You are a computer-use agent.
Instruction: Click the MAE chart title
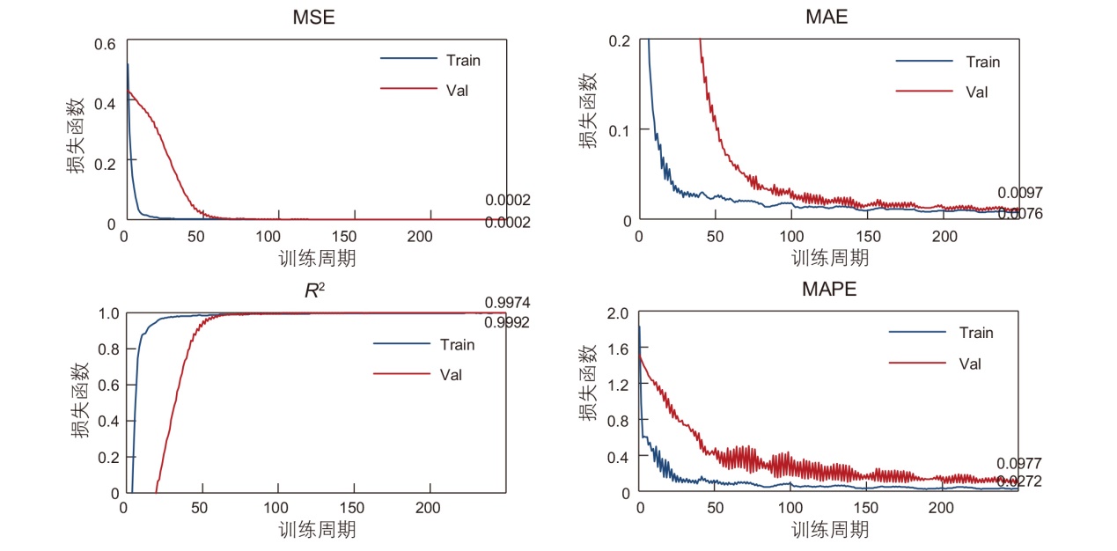(x=828, y=18)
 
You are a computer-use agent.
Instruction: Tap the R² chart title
(x=314, y=290)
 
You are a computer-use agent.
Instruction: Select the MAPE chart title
(x=827, y=290)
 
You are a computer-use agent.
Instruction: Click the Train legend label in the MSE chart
(x=463, y=60)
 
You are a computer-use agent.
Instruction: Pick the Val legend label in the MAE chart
(x=977, y=92)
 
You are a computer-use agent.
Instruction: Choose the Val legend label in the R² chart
(x=451, y=375)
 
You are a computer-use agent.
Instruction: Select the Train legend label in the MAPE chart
(x=976, y=333)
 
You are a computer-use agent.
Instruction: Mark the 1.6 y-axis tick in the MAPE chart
(x=620, y=349)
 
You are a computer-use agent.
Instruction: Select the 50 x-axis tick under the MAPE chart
(x=715, y=508)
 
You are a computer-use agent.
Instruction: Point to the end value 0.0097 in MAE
(x=1020, y=193)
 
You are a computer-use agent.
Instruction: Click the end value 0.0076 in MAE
(x=1020, y=213)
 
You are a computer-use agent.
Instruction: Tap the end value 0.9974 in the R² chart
(x=507, y=303)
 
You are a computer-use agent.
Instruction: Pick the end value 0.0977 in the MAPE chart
(x=1019, y=464)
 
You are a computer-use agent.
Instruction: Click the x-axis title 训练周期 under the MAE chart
(x=829, y=258)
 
